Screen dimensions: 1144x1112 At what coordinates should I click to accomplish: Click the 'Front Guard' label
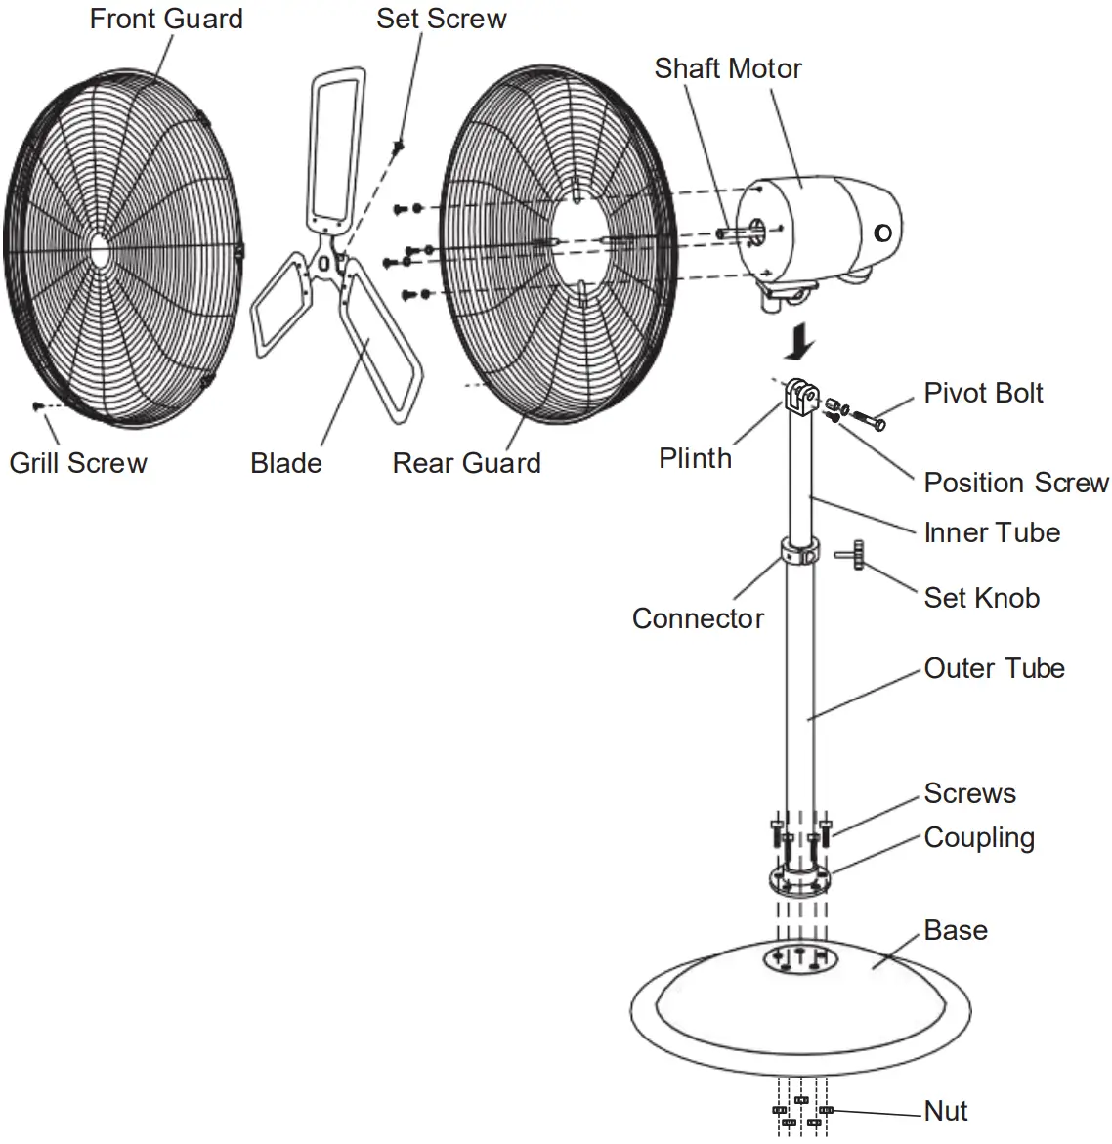click(x=166, y=19)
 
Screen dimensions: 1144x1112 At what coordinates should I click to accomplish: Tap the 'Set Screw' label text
click(x=442, y=19)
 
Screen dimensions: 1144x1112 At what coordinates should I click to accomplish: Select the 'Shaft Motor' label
click(x=728, y=68)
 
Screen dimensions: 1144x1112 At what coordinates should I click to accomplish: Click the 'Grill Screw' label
click(x=78, y=462)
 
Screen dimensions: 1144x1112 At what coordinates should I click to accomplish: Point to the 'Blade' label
click(x=285, y=462)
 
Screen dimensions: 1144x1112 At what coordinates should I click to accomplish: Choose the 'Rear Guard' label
click(x=466, y=462)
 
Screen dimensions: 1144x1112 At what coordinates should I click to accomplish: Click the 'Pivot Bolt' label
click(x=983, y=393)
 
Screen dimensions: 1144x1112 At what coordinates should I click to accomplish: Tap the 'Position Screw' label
click(x=1016, y=483)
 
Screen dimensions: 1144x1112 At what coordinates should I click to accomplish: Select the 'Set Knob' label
click(x=981, y=598)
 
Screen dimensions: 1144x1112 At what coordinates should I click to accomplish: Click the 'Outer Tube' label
click(x=994, y=668)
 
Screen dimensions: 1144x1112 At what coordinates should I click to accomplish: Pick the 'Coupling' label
click(x=979, y=837)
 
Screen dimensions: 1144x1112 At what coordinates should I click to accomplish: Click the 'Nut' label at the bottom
click(x=946, y=1111)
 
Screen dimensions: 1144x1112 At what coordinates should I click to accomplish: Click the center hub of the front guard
click(x=100, y=248)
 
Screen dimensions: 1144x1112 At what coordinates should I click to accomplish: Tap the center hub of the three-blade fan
click(x=325, y=264)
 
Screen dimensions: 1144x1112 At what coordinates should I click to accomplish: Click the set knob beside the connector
click(x=851, y=555)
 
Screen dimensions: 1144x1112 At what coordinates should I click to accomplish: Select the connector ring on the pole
click(x=799, y=551)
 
